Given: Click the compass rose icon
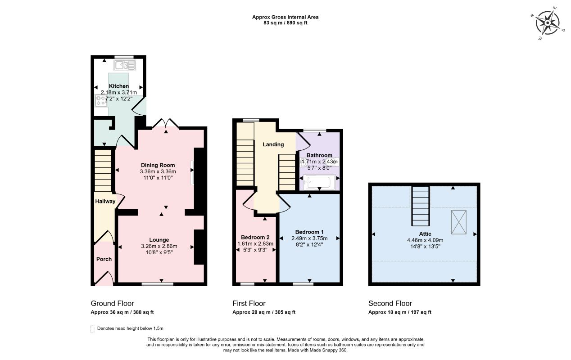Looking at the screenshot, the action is point(547,23).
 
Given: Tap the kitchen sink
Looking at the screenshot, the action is point(125,66).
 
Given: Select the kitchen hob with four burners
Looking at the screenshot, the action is point(101,100).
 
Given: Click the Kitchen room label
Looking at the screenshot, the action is point(119,86).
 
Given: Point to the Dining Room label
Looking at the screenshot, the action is point(158,165).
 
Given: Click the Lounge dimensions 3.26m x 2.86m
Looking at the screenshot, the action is point(159,246).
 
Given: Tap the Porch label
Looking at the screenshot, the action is point(104,259).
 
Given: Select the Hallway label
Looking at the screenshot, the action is point(105,201).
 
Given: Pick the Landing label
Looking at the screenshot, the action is point(273,144).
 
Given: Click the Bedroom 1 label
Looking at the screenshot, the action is point(309,232).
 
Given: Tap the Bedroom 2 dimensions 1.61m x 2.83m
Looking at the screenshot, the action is point(255,243).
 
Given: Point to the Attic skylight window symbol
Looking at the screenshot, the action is point(459,222).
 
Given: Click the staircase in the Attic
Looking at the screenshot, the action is point(421,206).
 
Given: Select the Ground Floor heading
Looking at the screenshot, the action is point(113,303).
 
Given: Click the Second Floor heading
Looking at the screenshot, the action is point(390,303).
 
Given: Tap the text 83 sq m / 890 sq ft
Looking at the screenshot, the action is point(285,22).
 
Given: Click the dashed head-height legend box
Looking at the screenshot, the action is point(92,329).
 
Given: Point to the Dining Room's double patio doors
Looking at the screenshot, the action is point(166,123).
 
